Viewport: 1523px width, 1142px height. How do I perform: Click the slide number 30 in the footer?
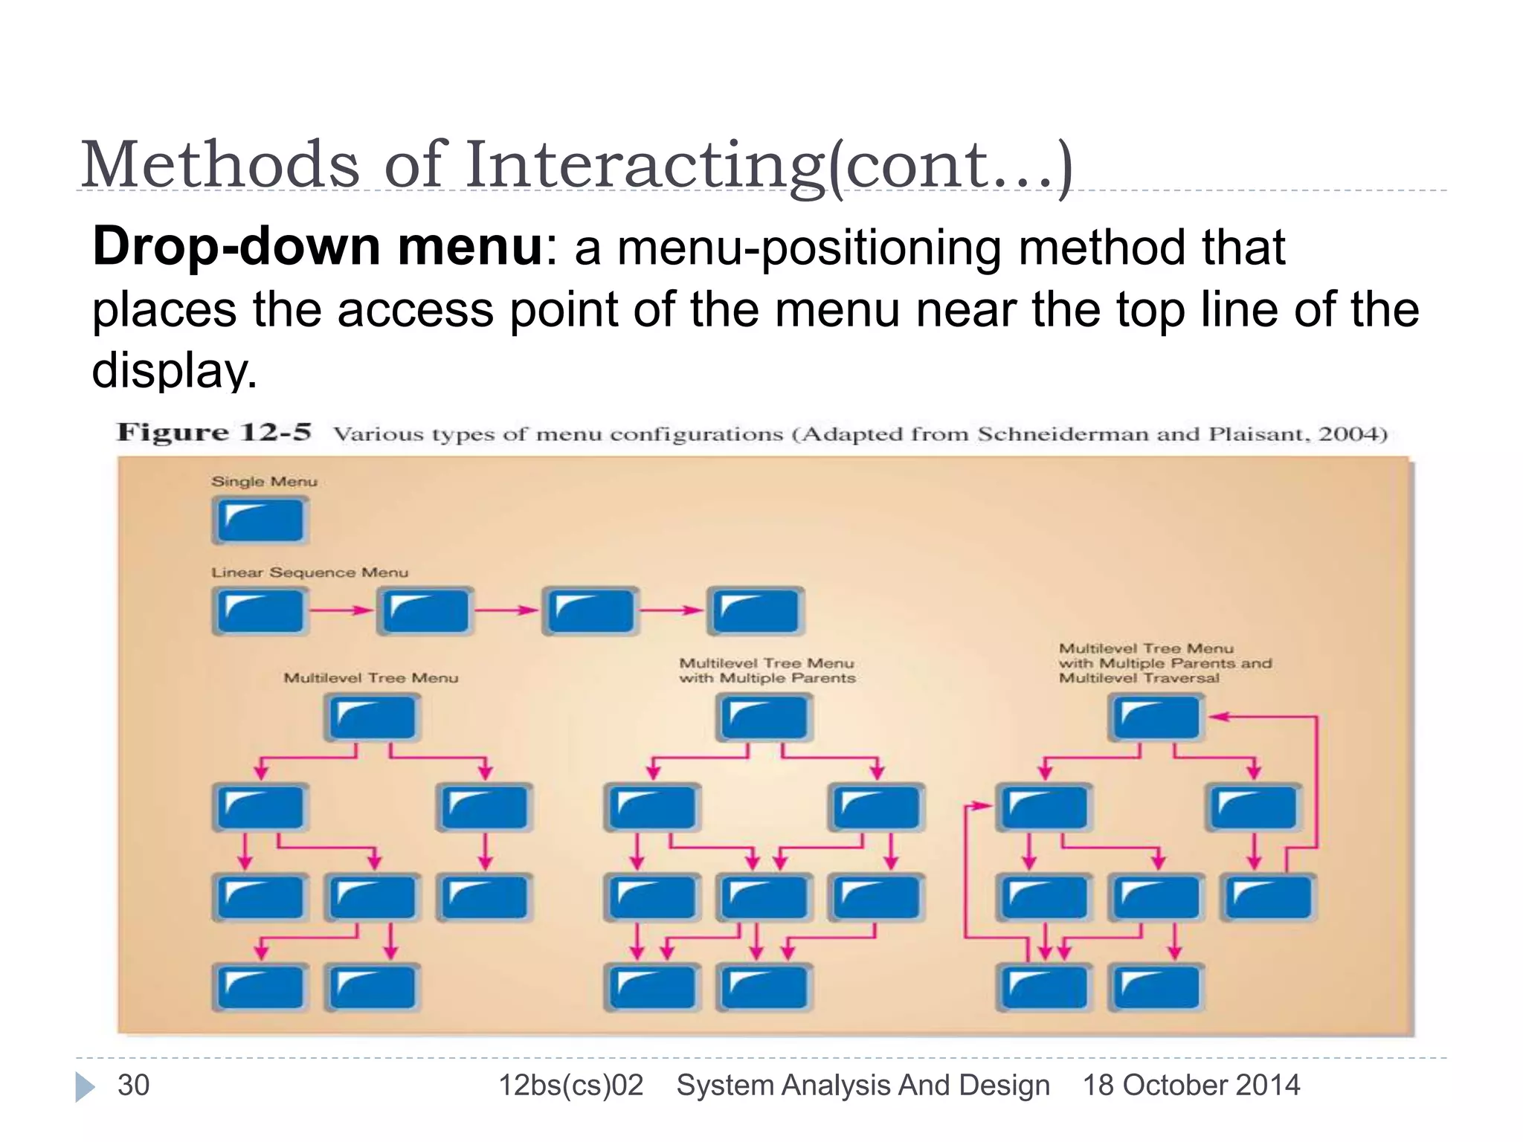coord(134,1085)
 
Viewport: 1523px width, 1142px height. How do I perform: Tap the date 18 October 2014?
coord(1191,1085)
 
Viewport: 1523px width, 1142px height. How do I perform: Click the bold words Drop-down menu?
coord(318,247)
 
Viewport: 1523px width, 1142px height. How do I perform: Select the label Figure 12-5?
coord(214,433)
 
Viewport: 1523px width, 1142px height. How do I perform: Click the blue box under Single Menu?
coord(260,520)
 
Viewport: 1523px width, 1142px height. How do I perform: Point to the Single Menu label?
coord(264,482)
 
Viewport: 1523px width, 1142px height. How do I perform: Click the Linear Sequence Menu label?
coord(309,572)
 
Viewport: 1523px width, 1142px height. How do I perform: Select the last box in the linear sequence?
coord(755,611)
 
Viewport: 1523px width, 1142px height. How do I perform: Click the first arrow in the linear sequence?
coord(341,610)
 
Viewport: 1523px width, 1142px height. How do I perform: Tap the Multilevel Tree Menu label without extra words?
coord(370,678)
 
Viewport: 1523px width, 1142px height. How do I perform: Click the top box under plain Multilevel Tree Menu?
coord(372,717)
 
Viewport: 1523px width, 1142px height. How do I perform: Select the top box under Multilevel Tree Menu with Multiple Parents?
coord(764,717)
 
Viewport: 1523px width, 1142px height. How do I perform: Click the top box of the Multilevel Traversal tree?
coord(1156,717)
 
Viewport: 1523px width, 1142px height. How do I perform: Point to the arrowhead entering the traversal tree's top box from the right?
coord(1217,717)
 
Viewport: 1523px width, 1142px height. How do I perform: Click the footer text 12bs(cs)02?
coord(570,1085)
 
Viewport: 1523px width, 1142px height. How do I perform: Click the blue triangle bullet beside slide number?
coord(85,1087)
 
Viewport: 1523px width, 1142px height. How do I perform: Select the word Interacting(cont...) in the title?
coord(769,165)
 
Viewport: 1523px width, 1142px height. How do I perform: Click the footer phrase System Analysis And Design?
coord(863,1085)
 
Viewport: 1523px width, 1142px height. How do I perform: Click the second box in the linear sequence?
coord(425,611)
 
